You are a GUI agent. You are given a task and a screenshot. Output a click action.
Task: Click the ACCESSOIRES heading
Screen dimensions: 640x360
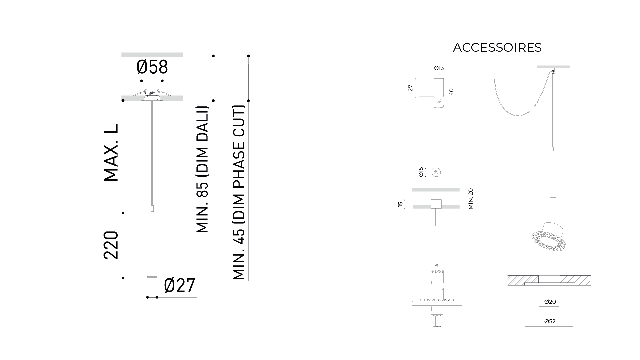[497, 48]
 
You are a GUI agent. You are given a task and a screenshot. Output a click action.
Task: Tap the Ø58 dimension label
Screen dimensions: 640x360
[152, 67]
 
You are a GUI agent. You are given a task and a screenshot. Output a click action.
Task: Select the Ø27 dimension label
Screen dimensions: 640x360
[179, 285]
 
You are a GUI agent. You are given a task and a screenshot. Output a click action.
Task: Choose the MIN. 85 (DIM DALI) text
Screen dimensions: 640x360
[202, 169]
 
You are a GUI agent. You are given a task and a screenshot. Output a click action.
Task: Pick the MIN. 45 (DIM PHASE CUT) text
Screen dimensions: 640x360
[239, 193]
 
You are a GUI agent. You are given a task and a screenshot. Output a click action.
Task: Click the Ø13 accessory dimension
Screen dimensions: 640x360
[439, 68]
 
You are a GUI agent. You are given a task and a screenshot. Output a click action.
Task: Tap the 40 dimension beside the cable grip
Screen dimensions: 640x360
[452, 92]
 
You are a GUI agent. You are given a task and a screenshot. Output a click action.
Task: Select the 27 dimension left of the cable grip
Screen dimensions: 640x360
[411, 88]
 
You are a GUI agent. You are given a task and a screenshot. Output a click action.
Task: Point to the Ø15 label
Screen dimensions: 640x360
[421, 172]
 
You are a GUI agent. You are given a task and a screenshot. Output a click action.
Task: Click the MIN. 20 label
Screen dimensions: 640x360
[471, 199]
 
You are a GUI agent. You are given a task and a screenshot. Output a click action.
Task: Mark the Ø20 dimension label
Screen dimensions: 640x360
[550, 302]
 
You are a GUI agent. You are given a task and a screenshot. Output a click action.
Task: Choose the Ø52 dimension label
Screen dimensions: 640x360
[550, 321]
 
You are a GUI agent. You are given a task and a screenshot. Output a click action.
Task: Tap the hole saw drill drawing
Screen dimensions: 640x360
[437, 296]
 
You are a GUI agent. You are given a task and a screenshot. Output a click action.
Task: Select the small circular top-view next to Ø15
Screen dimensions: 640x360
[436, 172]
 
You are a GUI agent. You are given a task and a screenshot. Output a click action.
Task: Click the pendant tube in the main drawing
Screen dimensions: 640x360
[152, 244]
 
